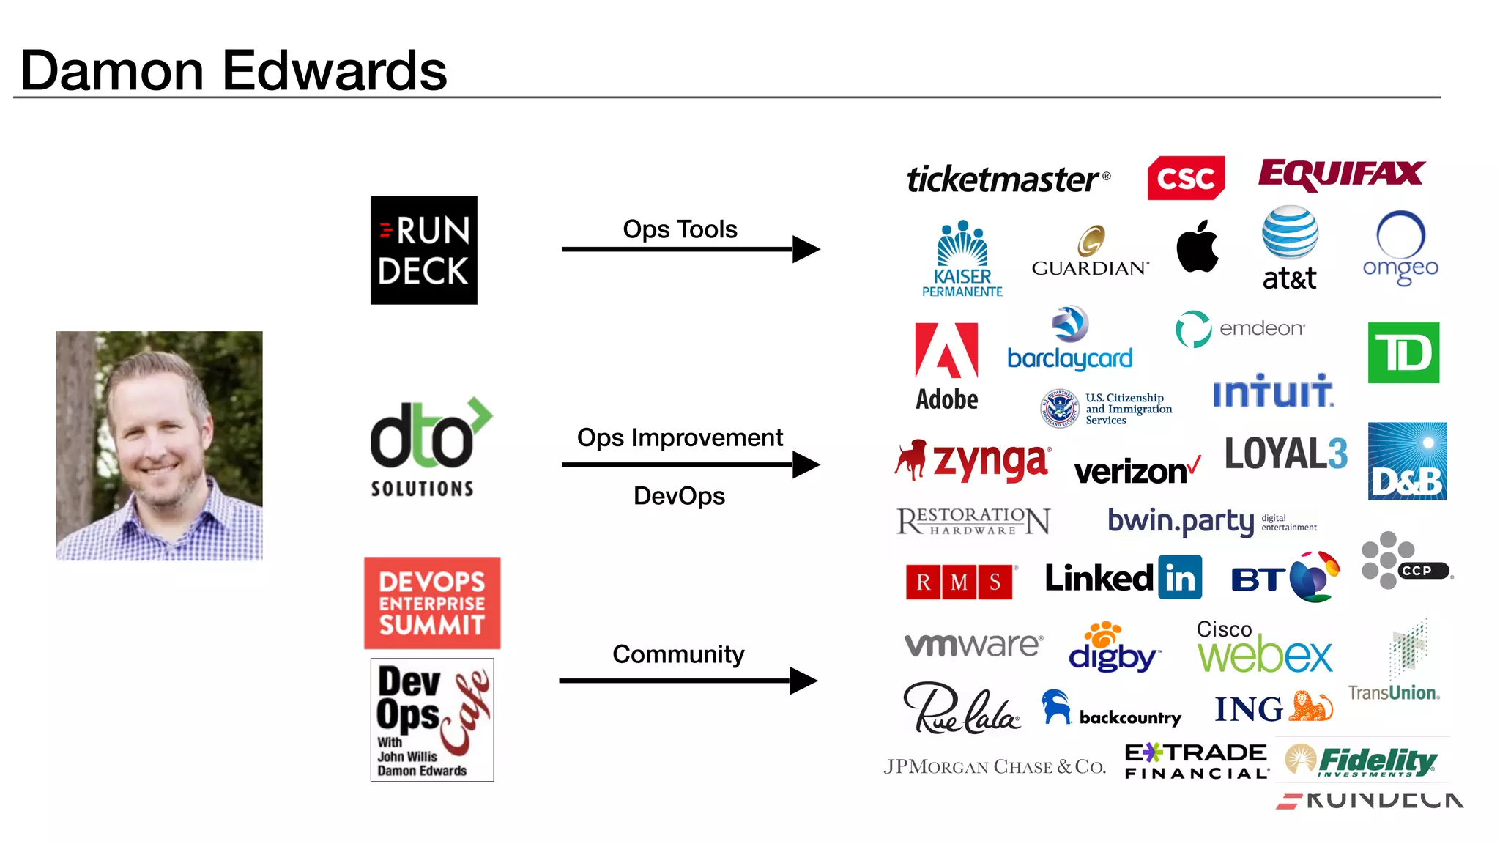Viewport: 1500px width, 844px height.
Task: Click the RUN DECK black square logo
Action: [423, 250]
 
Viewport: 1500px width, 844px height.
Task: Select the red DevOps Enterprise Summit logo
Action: [432, 603]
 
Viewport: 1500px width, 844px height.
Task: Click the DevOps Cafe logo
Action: [432, 719]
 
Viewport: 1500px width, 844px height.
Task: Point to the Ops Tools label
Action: [680, 229]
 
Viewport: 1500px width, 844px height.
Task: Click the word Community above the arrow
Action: [678, 654]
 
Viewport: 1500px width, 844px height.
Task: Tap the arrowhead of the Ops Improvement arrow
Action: [806, 464]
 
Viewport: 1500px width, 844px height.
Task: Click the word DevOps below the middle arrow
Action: [679, 496]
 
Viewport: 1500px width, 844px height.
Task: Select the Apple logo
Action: [1198, 246]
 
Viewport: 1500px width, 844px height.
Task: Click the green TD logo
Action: [1403, 352]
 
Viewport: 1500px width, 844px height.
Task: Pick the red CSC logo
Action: [1186, 178]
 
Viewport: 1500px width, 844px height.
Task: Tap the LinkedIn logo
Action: [1123, 578]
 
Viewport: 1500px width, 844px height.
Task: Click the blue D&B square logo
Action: [1407, 462]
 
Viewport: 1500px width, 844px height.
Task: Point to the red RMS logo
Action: [959, 582]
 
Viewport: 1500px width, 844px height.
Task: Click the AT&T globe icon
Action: [1290, 233]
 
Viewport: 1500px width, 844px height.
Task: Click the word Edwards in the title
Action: [334, 71]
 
